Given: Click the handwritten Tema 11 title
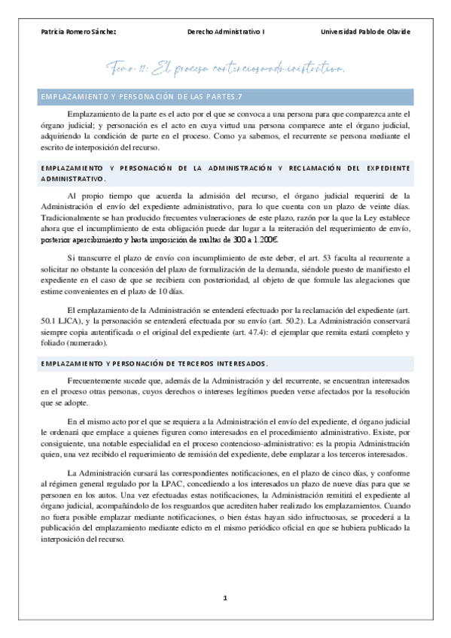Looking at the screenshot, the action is point(226,70).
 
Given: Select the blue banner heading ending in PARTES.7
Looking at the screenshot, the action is point(142,96).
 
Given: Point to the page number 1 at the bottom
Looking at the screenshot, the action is point(225,597).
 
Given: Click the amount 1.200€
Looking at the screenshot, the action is point(263,240).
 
